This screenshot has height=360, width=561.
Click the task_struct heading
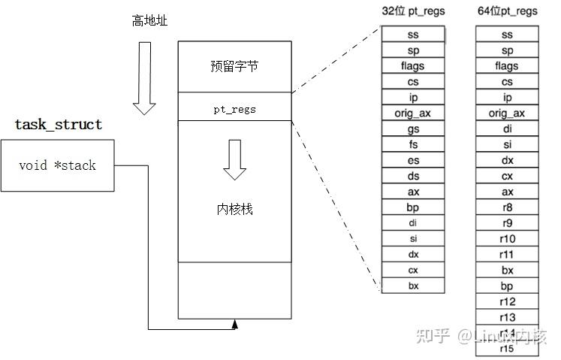pyautogui.click(x=59, y=125)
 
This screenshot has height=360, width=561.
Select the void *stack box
pyautogui.click(x=58, y=165)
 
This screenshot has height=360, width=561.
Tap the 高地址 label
pyautogui.click(x=149, y=20)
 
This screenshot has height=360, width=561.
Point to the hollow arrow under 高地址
pyautogui.click(x=144, y=78)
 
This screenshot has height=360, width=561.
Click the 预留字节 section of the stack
pyautogui.click(x=234, y=66)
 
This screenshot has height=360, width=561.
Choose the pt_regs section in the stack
pyautogui.click(x=234, y=109)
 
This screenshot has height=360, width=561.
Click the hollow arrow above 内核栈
pyautogui.click(x=234, y=159)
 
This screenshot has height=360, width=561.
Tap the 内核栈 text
pyautogui.click(x=234, y=208)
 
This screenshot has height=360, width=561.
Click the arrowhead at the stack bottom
pyautogui.click(x=235, y=324)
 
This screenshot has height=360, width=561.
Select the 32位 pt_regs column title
pyautogui.click(x=412, y=11)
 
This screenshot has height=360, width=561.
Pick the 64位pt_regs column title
pyautogui.click(x=507, y=11)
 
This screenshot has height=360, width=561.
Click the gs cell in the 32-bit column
pyautogui.click(x=412, y=129)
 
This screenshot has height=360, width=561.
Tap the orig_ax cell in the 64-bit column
pyautogui.click(x=507, y=113)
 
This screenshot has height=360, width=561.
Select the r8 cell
pyautogui.click(x=507, y=207)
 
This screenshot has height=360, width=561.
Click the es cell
pyautogui.click(x=412, y=161)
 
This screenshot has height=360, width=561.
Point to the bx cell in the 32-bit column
pyautogui.click(x=412, y=286)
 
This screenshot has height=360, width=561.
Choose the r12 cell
pyautogui.click(x=507, y=301)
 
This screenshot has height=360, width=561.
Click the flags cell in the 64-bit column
pyautogui.click(x=507, y=66)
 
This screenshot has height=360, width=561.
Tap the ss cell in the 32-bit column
pyautogui.click(x=412, y=35)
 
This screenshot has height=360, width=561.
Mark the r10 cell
pyautogui.click(x=507, y=239)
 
